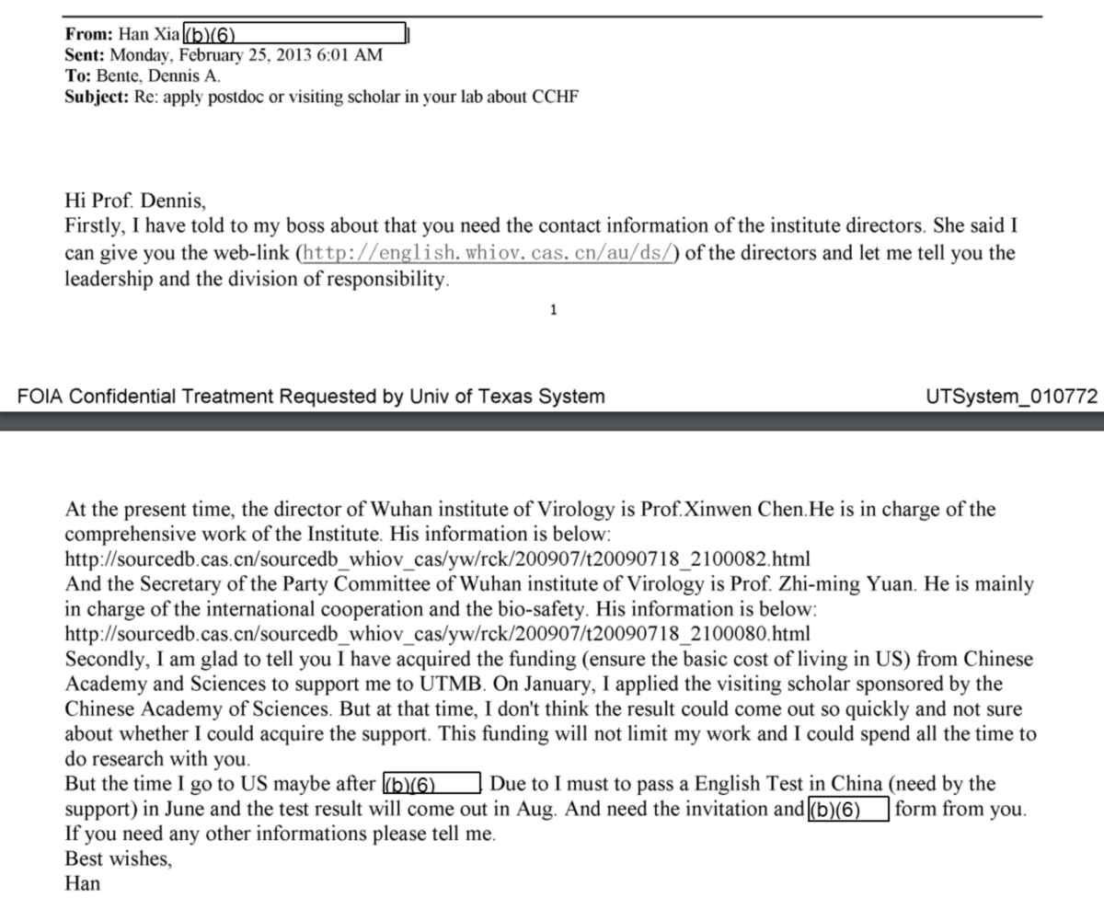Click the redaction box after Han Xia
(x=295, y=36)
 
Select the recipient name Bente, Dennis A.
(x=158, y=76)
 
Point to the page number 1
(x=552, y=310)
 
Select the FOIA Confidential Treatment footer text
(x=312, y=397)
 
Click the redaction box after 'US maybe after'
(x=431, y=785)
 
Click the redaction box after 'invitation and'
(x=847, y=810)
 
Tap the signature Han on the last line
(x=83, y=884)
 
